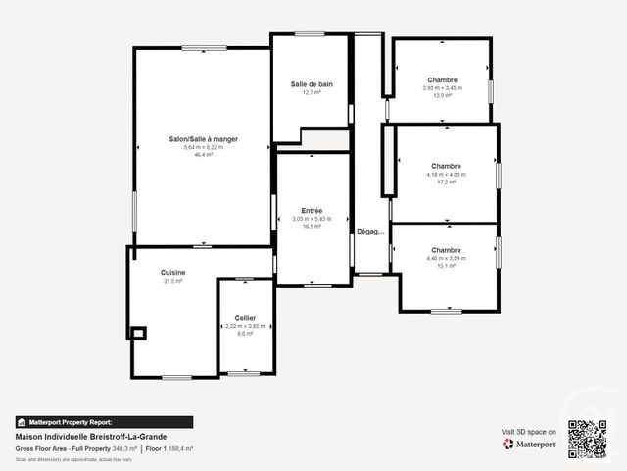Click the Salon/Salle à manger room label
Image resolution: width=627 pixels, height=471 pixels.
(x=203, y=139)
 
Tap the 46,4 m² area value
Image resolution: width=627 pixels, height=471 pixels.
(x=203, y=154)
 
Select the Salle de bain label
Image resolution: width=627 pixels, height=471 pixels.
(x=312, y=84)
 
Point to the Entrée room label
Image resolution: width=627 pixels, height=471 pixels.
(x=312, y=210)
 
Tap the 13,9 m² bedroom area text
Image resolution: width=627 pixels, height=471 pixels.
(x=443, y=95)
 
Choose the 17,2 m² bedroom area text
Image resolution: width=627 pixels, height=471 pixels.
(x=446, y=182)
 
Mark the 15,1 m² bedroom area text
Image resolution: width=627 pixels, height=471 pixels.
(x=446, y=266)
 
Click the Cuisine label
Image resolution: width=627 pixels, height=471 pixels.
(x=173, y=272)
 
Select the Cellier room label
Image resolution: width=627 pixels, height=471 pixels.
(x=245, y=318)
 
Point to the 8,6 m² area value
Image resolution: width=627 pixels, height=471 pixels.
(x=245, y=334)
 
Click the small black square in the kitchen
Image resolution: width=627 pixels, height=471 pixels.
(x=138, y=333)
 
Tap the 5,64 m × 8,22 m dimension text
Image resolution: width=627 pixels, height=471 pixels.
(x=203, y=147)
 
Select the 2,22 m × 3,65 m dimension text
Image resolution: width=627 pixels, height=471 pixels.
(x=245, y=326)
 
